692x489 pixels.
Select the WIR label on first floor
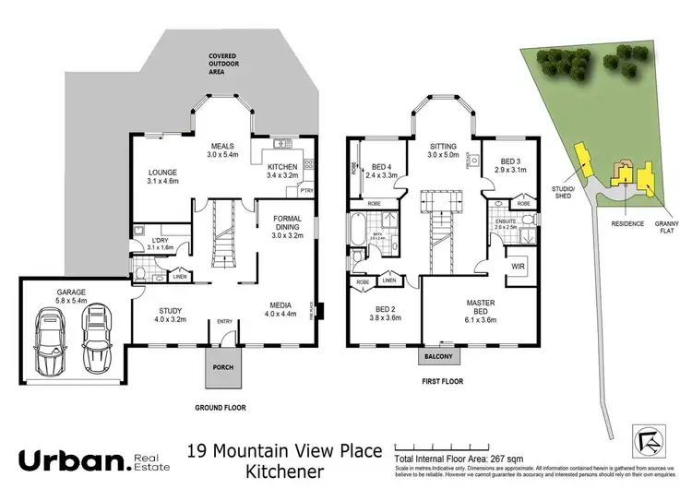point(517,267)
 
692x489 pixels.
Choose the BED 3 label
point(510,163)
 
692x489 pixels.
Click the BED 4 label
point(380,168)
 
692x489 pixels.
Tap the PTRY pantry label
point(305,191)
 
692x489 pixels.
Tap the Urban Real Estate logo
point(87,459)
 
